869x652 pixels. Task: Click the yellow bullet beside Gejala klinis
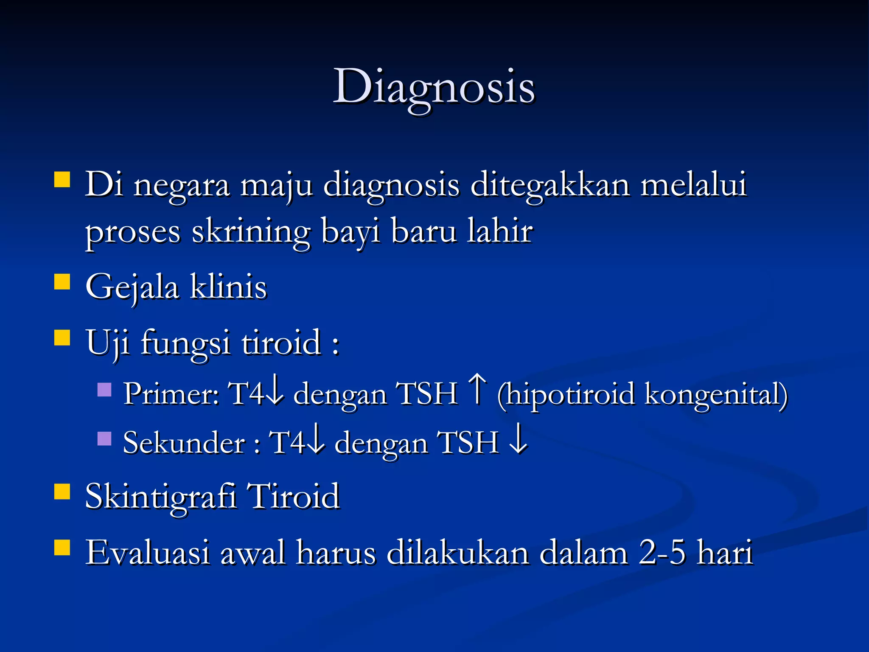pyautogui.click(x=62, y=281)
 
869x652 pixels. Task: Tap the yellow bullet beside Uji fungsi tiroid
pyautogui.click(x=62, y=338)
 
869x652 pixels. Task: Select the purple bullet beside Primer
pyautogui.click(x=104, y=389)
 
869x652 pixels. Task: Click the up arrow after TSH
pyautogui.click(x=478, y=388)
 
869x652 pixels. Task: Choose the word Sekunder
pyautogui.click(x=184, y=443)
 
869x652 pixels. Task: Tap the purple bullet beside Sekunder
pyautogui.click(x=104, y=438)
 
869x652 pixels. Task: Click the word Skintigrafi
pyautogui.click(x=160, y=497)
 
